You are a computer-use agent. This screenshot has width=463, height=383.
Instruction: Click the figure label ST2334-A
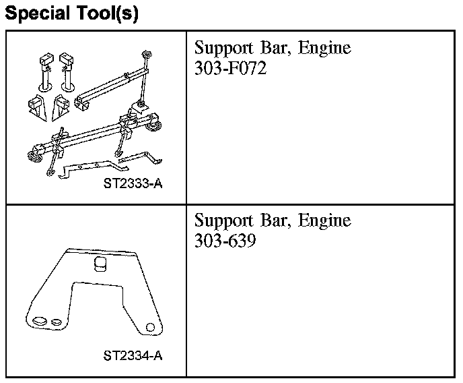pos(133,355)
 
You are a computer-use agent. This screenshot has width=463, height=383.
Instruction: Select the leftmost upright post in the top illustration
pos(44,71)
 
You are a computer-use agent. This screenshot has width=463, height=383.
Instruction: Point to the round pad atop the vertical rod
pos(145,54)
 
